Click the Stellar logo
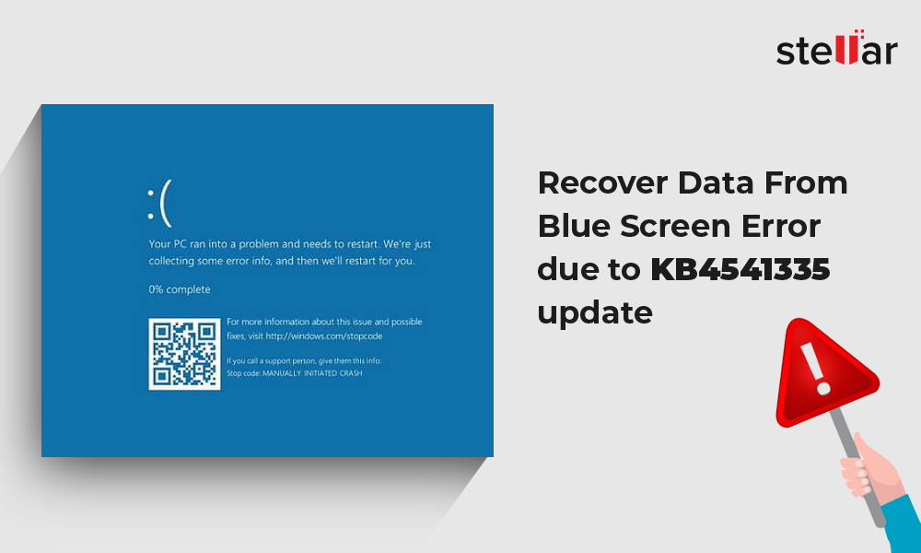[x=837, y=47]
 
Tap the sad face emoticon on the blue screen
[x=159, y=204]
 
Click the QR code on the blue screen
[x=184, y=354]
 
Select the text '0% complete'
[x=180, y=289]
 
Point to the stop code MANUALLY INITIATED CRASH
[x=312, y=373]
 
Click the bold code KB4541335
[x=740, y=269]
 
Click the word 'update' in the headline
[x=595, y=312]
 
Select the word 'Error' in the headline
[x=781, y=226]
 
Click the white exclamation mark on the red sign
[x=816, y=369]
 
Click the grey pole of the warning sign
[x=857, y=466]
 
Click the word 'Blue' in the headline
[x=573, y=226]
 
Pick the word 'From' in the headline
[x=806, y=182]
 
